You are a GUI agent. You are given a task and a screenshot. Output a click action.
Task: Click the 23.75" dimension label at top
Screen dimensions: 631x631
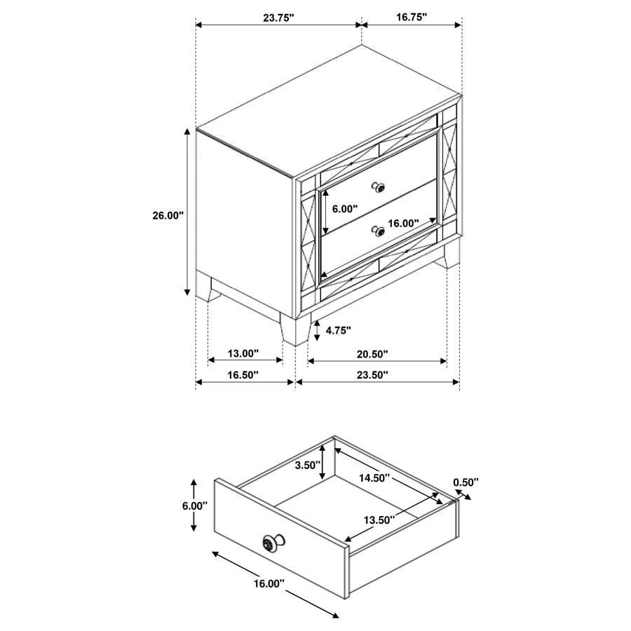(278, 18)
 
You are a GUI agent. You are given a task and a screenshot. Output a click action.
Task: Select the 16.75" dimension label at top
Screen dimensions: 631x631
(412, 18)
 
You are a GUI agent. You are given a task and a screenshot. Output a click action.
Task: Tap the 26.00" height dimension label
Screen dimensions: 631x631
(168, 216)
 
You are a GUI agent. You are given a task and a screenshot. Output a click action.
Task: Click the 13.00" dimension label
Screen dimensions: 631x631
(243, 353)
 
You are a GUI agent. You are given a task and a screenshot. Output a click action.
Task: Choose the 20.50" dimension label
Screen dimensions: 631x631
(372, 353)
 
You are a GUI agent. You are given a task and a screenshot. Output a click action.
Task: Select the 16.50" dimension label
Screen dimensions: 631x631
(243, 375)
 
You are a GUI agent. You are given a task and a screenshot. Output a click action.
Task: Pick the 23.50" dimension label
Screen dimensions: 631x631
(372, 375)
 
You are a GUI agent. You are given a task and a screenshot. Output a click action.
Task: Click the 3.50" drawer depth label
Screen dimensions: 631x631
(308, 465)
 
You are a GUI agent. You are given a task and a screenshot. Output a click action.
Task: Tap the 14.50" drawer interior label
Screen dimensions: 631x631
(374, 479)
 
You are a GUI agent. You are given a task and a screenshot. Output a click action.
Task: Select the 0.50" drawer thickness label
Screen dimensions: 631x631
(466, 482)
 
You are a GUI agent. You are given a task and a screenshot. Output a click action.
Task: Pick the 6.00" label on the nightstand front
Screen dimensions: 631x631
(345, 209)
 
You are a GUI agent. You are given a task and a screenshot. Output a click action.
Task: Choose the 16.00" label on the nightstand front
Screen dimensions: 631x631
(403, 223)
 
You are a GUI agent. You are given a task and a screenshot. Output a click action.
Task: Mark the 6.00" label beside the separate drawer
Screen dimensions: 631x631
(196, 506)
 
